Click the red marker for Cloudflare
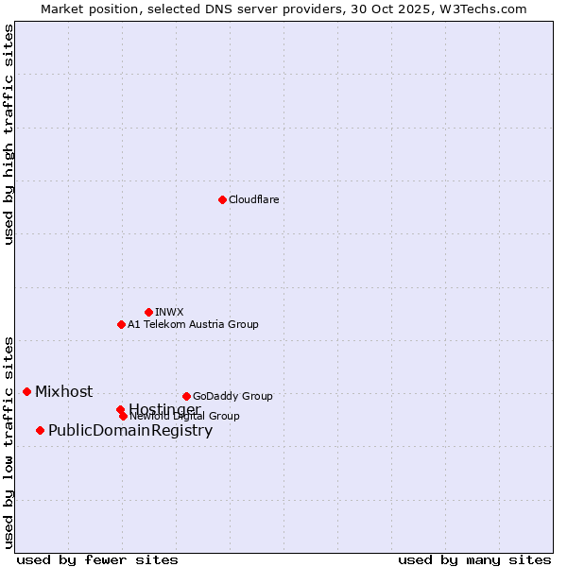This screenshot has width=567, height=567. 222,199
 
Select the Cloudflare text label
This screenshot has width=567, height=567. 253,199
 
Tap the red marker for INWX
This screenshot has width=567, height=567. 148,312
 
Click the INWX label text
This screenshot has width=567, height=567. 169,312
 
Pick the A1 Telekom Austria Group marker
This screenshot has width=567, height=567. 121,324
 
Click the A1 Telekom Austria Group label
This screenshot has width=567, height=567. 193,324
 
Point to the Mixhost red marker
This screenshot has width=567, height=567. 26,391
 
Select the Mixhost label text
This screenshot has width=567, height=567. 63,391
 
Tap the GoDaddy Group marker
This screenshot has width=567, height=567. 186,396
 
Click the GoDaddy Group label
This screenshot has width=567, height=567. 232,396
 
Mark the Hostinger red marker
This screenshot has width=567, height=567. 120,409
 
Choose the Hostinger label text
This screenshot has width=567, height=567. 164,408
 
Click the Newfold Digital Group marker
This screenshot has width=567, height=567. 123,416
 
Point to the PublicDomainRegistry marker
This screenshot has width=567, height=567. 40,430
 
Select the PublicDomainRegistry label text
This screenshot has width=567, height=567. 130,431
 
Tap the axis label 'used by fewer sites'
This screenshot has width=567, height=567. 97,560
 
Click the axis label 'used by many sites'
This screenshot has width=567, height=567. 474,560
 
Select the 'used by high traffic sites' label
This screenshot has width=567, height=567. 9,134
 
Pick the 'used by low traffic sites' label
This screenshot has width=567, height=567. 9,442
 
